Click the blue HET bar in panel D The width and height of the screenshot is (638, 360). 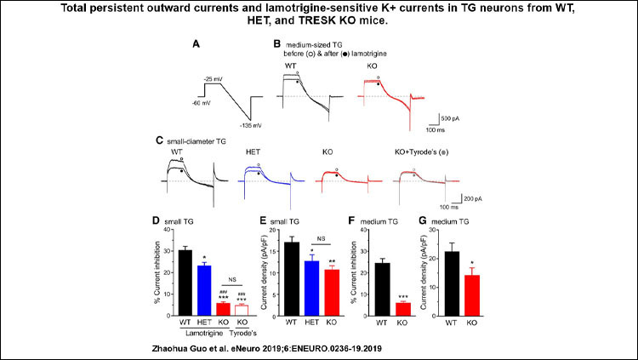coord(205,290)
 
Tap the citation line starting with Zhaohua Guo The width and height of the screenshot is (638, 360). coord(318,347)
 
